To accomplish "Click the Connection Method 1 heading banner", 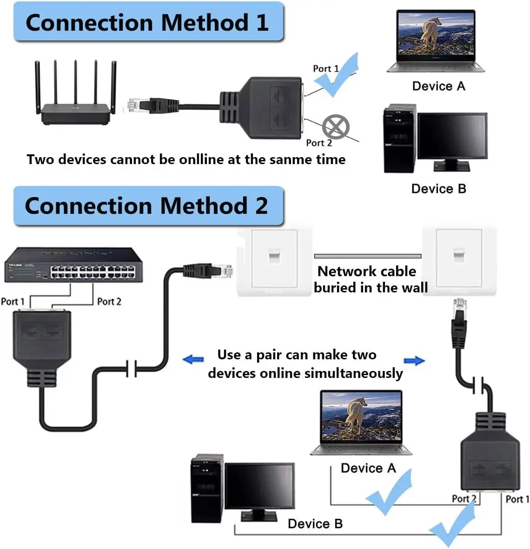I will coord(148,22).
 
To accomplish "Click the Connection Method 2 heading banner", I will coord(148,206).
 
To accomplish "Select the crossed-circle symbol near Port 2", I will coord(336,126).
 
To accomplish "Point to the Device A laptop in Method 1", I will coord(436,41).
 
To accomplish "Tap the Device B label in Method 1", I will coord(438,189).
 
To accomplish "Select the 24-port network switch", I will coord(73,265).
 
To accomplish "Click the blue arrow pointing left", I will coord(193,359).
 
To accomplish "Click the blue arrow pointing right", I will coord(414,361).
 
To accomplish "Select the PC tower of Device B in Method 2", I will coord(207,489).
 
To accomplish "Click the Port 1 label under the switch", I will coord(13,302).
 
